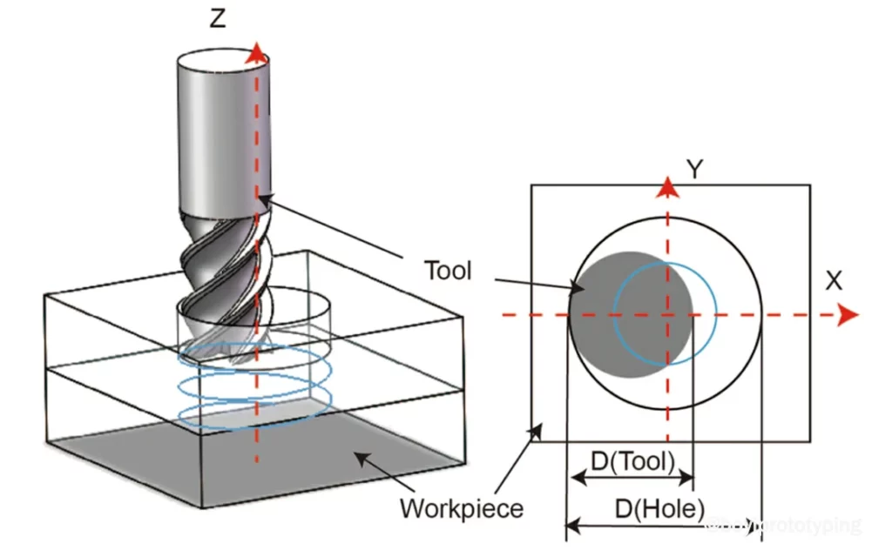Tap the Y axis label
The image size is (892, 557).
[x=694, y=169]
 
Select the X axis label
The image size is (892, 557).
[x=835, y=280]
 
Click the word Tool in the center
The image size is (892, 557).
[x=448, y=270]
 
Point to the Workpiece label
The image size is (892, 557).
[x=462, y=507]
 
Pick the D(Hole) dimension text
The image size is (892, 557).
[x=659, y=509]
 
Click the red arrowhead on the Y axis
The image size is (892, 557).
[x=667, y=186]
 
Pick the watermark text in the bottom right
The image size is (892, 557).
[x=784, y=525]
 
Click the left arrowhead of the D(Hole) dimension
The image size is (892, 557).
[x=572, y=525]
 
